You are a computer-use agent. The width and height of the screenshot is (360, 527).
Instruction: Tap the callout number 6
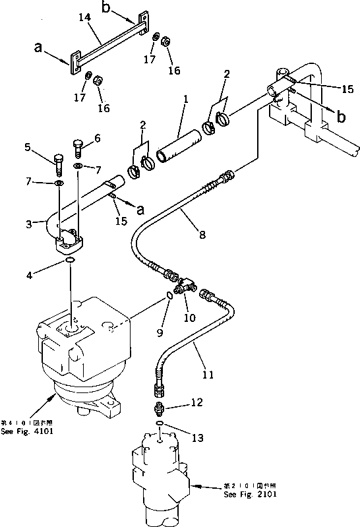click(x=98, y=139)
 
